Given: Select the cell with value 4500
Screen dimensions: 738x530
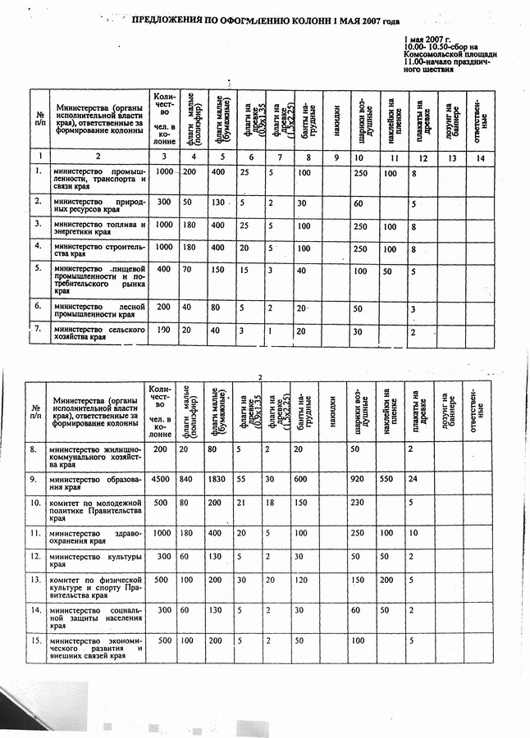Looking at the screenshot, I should (x=162, y=478).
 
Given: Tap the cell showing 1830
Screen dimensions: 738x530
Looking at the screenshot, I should (x=217, y=478).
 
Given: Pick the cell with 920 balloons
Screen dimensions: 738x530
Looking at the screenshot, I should (x=357, y=478).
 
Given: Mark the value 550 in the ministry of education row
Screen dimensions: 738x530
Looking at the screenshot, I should (x=389, y=478).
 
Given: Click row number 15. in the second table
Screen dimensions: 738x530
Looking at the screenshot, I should (x=34, y=640).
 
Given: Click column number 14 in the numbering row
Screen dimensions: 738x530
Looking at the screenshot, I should (x=481, y=156).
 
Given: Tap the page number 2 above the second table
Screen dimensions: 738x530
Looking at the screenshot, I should (x=259, y=377).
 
